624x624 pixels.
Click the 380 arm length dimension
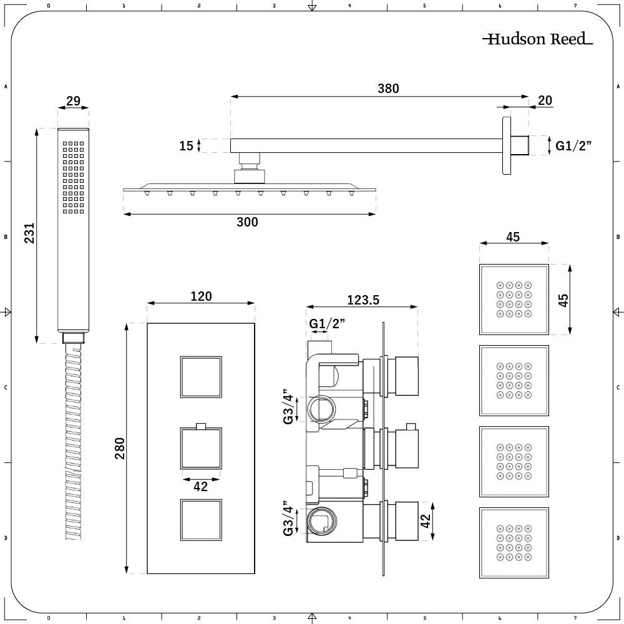pyautogui.click(x=388, y=89)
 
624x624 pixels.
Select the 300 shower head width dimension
pyautogui.click(x=247, y=222)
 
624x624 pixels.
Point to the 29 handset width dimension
pyautogui.click(x=73, y=100)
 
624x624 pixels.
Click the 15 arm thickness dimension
pyautogui.click(x=186, y=146)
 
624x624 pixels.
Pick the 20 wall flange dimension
pyautogui.click(x=544, y=100)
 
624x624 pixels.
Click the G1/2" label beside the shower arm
pyautogui.click(x=573, y=146)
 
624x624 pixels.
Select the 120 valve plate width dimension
pyautogui.click(x=200, y=296)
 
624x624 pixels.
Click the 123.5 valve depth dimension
pyautogui.click(x=363, y=300)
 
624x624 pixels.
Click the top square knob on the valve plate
pyautogui.click(x=201, y=377)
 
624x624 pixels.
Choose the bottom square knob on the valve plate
pyautogui.click(x=201, y=520)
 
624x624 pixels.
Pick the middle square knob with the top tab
pyautogui.click(x=201, y=449)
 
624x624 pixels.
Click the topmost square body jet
pyautogui.click(x=514, y=299)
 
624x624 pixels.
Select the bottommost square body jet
pyautogui.click(x=514, y=542)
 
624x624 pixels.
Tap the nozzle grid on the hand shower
pyautogui.click(x=73, y=178)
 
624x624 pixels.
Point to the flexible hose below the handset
pyautogui.click(x=73, y=443)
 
